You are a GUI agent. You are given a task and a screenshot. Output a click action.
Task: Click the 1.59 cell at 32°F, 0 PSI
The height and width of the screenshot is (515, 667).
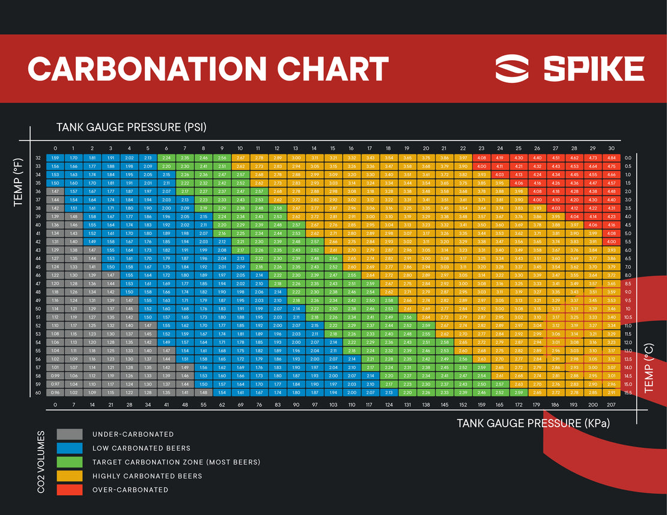click(x=55, y=157)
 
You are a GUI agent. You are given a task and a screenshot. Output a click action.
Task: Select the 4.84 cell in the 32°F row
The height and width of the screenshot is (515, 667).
click(x=611, y=157)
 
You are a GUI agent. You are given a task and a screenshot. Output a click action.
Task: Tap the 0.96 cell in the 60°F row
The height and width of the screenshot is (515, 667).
click(x=55, y=392)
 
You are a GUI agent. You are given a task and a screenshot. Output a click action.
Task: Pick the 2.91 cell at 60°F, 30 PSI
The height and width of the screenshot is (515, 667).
click(x=611, y=392)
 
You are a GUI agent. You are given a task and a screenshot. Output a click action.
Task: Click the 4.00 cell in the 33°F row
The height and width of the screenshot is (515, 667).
click(x=481, y=166)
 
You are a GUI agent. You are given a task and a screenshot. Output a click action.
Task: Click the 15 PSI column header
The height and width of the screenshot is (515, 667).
click(x=332, y=148)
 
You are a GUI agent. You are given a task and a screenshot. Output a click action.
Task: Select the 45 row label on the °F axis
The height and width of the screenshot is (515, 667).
click(x=38, y=266)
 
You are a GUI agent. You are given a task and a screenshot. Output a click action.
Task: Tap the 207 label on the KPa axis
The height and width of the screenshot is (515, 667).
click(x=611, y=405)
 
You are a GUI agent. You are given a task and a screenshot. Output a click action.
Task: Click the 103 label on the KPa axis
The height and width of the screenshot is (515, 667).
click(x=332, y=405)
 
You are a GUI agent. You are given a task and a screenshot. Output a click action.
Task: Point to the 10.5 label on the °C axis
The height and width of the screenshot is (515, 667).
click(x=628, y=316)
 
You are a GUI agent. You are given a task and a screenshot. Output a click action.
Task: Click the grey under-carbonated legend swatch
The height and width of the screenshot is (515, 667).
click(x=70, y=434)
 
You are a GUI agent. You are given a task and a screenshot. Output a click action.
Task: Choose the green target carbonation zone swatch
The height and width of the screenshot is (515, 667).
click(x=70, y=462)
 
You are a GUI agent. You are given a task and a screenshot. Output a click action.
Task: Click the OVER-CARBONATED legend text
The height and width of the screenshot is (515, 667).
click(x=130, y=490)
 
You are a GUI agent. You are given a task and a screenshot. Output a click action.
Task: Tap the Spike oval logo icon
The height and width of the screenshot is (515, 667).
click(x=512, y=69)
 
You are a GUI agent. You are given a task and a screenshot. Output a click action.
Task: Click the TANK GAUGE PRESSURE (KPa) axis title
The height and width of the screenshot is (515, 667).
click(x=533, y=423)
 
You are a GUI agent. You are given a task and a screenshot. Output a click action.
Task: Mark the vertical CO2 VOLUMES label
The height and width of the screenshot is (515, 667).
click(x=41, y=462)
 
